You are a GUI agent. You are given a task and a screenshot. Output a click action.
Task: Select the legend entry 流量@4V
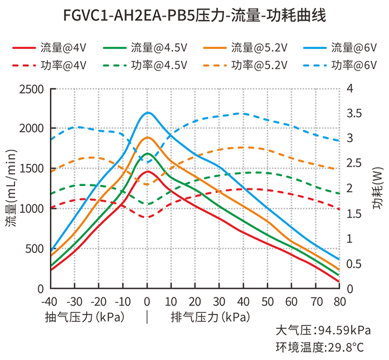tap(49, 48)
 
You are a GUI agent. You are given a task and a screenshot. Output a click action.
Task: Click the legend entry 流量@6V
tap(340, 48)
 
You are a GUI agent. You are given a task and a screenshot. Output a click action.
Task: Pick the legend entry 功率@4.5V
tap(145, 66)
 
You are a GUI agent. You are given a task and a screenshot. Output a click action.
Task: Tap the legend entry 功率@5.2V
tap(245, 66)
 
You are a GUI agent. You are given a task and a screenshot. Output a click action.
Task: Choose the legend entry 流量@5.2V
tap(245, 48)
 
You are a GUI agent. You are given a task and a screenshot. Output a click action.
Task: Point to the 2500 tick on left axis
tap(31, 89)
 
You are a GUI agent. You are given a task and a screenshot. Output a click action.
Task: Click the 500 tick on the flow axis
tap(34, 249)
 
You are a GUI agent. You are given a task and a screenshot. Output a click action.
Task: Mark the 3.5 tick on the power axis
tap(354, 113)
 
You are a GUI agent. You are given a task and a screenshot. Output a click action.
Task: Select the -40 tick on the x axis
tap(49, 302)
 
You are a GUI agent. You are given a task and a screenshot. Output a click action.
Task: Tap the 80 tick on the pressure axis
tap(340, 302)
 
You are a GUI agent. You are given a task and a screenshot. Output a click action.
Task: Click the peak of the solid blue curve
tap(148, 113)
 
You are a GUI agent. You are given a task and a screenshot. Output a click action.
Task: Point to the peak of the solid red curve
tap(148, 172)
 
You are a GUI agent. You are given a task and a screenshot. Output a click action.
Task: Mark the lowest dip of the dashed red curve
tap(148, 217)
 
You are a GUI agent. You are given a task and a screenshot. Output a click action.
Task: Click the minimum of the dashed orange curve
tap(148, 184)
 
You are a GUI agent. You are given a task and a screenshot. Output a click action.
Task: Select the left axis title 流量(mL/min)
tap(11, 188)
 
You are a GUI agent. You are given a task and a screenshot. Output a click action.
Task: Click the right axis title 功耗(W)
tap(378, 188)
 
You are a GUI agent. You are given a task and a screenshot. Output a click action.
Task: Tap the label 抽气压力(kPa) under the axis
tap(84, 317)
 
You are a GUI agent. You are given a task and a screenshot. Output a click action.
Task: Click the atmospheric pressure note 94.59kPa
tap(345, 330)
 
